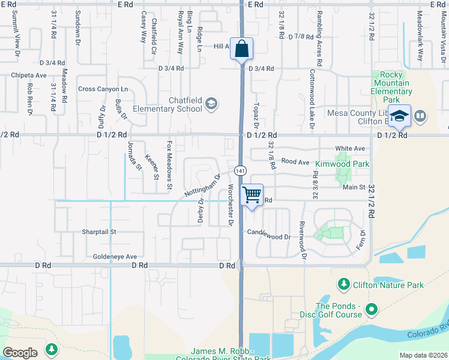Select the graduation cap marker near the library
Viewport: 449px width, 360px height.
tap(399, 116)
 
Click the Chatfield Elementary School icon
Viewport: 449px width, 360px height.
tap(211, 104)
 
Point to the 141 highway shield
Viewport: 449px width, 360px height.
tap(239, 171)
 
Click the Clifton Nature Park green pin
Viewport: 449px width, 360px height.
tap(343, 283)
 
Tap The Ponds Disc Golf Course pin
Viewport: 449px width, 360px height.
tap(372, 310)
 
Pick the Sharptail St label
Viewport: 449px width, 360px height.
tap(98, 231)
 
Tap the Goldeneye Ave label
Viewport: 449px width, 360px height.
tap(115, 256)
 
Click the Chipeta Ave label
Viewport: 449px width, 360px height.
tap(29, 76)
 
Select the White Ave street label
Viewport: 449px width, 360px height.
tap(350, 148)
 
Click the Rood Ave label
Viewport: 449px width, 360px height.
tap(295, 161)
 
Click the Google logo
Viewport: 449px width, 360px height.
tap(20, 352)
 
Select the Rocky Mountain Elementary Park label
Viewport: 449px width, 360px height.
tap(391, 88)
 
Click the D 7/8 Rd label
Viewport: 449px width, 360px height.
tap(301, 37)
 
